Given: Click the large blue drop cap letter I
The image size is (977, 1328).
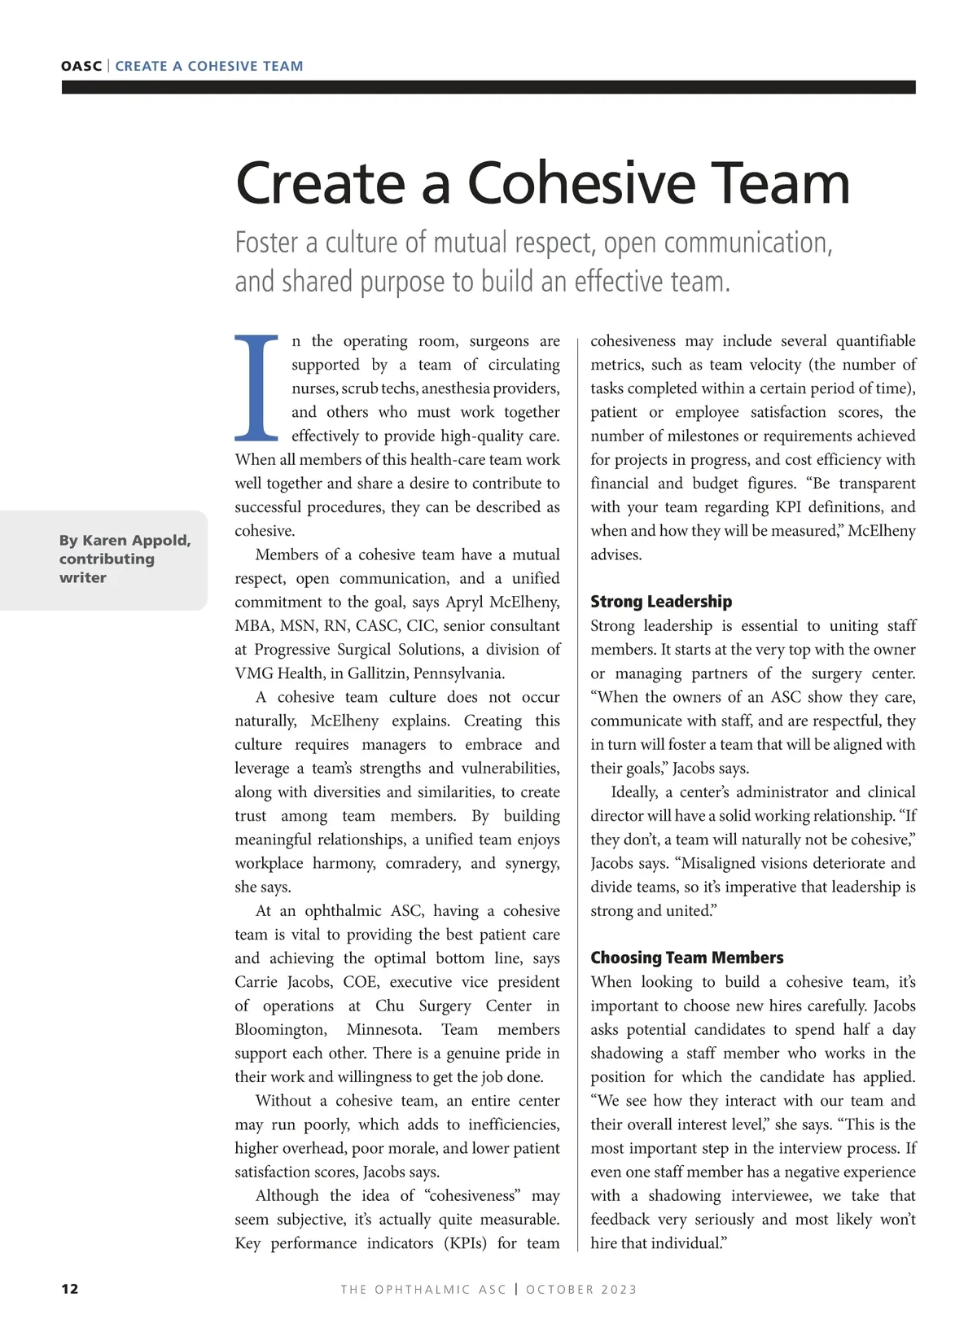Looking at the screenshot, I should pos(256,387).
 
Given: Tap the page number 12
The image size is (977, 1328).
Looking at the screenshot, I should pos(70,1288).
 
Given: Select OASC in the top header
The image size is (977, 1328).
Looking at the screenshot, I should pos(81,66).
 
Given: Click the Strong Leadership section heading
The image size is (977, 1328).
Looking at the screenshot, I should pos(661,602).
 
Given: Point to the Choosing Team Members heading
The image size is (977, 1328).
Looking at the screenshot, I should pos(687,958).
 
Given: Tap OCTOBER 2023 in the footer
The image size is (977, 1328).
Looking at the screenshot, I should pos(581,1289).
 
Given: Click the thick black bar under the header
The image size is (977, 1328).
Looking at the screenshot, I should pos(488,87).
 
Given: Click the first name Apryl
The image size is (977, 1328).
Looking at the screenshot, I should pos(465,603).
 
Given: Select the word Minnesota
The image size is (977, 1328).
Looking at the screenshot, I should pos(383,1029).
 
